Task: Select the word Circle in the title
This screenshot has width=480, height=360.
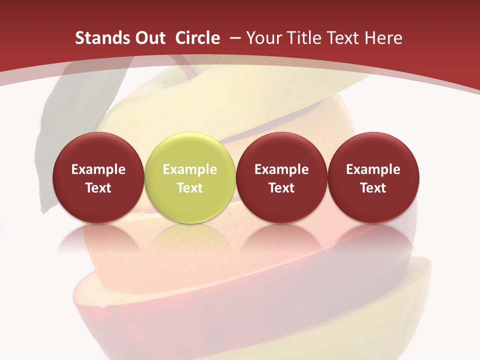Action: (197, 38)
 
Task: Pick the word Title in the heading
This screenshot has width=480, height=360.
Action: (305, 38)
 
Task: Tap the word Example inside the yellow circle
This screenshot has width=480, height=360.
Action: (190, 169)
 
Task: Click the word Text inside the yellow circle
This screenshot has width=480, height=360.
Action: (190, 188)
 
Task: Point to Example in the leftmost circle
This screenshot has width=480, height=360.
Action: (98, 169)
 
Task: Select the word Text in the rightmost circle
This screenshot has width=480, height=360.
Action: (373, 188)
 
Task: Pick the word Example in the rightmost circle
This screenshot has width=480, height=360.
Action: (373, 169)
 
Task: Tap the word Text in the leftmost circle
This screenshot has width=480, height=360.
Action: (98, 188)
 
